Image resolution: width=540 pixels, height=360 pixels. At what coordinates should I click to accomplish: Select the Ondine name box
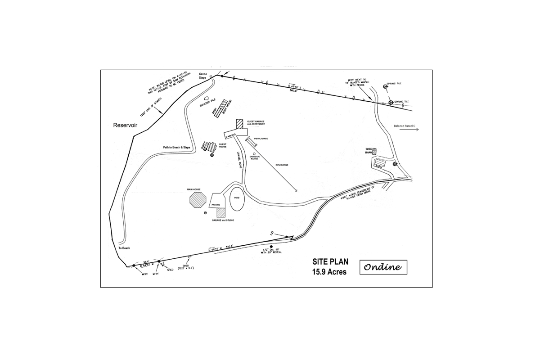pyautogui.click(x=383, y=267)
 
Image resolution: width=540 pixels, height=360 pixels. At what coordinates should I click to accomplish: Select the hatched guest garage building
pyautogui.click(x=240, y=123)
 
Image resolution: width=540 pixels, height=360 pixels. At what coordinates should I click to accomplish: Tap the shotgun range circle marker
pyautogui.click(x=255, y=154)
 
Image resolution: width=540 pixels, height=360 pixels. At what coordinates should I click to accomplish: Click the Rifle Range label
pyautogui.click(x=282, y=165)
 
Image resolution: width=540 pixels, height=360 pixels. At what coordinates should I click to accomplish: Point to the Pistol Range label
pyautogui.click(x=261, y=139)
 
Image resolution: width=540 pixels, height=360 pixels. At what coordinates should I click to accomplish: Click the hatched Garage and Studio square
pyautogui.click(x=220, y=213)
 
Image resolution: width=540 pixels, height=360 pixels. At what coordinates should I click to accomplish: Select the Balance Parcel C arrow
pyautogui.click(x=412, y=129)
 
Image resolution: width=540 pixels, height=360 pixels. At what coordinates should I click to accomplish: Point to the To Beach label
pyautogui.click(x=124, y=248)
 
